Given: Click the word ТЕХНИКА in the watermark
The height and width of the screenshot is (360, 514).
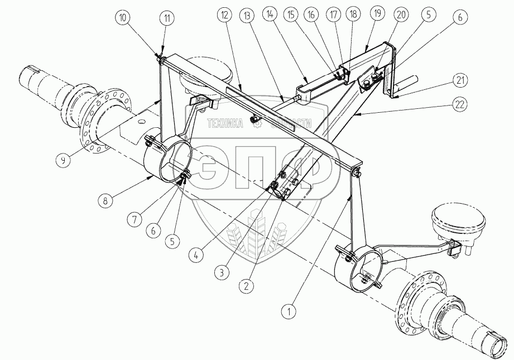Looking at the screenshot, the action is (224, 124).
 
